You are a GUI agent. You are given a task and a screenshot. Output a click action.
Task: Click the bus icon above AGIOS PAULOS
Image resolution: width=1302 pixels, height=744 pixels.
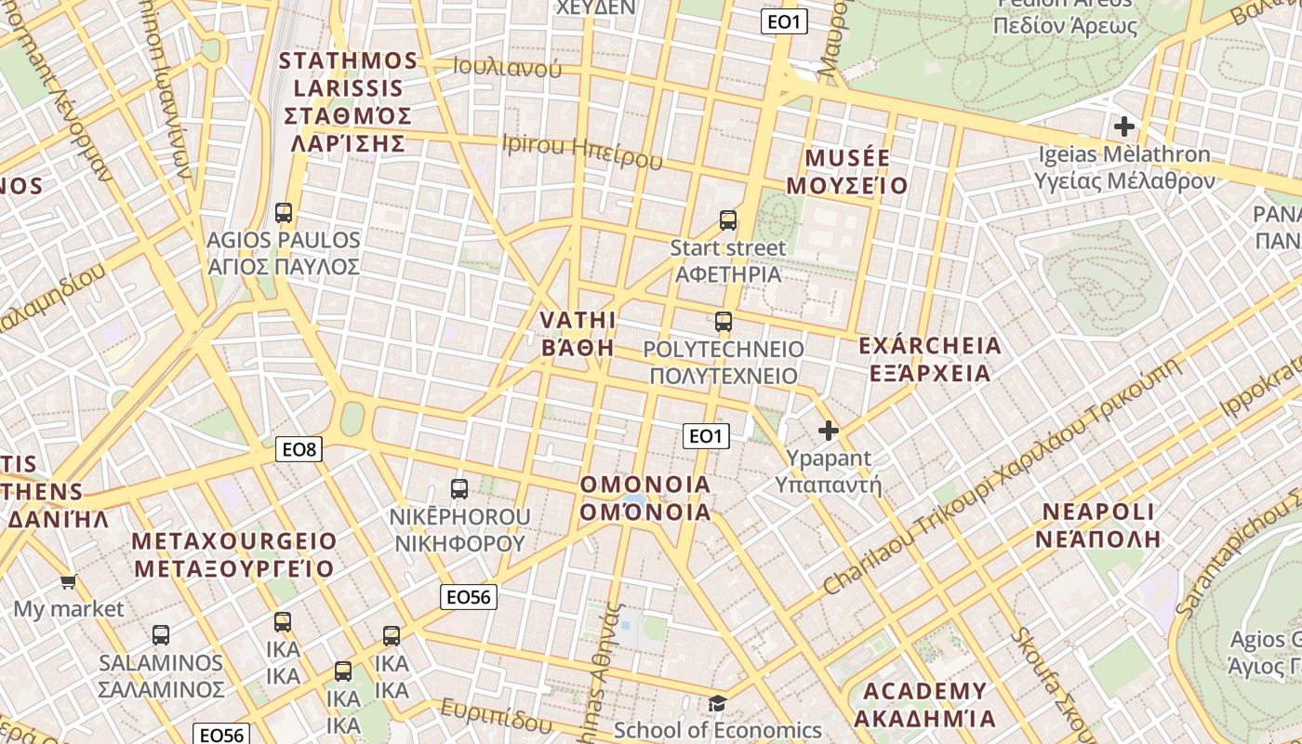(x=284, y=213)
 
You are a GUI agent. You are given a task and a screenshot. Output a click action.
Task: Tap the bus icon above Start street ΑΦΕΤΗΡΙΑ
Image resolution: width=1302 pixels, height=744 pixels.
(x=728, y=220)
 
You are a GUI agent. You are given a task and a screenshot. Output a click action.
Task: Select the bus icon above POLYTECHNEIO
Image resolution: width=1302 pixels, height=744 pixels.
(x=724, y=322)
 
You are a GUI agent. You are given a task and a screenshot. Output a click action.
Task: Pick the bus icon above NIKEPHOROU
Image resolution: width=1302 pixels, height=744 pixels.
(x=459, y=488)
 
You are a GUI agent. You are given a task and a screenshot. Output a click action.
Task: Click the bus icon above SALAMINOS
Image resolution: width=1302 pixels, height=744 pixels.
(x=161, y=635)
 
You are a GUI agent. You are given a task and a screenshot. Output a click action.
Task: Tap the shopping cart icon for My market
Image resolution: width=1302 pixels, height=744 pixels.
(x=68, y=582)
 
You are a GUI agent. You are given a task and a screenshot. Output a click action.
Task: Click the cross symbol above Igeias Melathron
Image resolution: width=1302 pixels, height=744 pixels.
(x=1124, y=126)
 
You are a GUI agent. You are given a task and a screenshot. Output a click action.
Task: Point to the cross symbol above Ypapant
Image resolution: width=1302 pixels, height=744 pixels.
(x=828, y=431)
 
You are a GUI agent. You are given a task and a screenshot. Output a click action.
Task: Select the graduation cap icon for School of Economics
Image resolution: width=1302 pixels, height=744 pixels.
(x=717, y=703)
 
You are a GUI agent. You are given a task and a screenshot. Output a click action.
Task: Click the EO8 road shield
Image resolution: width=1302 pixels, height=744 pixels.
(x=299, y=450)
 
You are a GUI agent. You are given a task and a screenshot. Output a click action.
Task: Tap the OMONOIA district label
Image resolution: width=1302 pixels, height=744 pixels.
(x=645, y=498)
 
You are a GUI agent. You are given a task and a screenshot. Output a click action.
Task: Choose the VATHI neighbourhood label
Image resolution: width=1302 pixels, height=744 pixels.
(x=578, y=334)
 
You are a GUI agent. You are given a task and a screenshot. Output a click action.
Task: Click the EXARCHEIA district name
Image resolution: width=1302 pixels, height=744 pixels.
(x=930, y=359)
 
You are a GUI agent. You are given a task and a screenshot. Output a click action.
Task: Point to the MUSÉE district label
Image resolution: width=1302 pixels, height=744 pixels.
(x=847, y=171)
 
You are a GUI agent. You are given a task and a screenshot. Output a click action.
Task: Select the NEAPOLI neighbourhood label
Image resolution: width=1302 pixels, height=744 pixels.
(x=1098, y=525)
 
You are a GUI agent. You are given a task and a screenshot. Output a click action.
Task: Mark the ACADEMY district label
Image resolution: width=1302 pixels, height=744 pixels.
(x=924, y=704)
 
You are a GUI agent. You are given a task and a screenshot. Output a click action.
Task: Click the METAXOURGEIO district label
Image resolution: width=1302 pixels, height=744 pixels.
(x=234, y=554)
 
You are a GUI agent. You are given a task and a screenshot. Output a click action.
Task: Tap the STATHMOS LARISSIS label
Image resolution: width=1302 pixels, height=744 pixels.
(x=349, y=102)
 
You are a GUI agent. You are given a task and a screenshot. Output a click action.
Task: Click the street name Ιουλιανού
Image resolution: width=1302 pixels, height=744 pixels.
(x=508, y=67)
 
